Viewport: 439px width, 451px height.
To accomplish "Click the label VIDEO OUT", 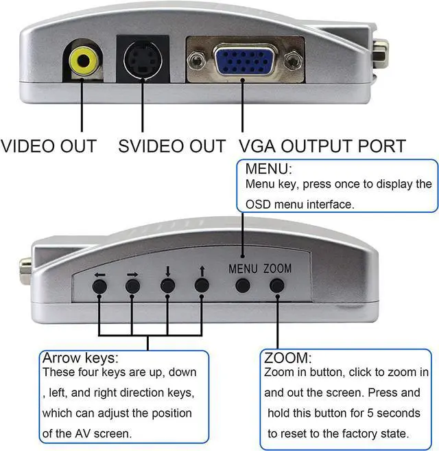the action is pyautogui.click(x=49, y=146).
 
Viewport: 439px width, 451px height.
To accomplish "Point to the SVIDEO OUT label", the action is pyautogui.click(x=171, y=146).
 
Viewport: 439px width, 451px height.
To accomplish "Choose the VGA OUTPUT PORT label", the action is pyautogui.click(x=322, y=146).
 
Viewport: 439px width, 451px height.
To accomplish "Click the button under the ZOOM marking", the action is pyautogui.click(x=278, y=286).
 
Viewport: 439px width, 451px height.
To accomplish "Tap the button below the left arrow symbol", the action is pyautogui.click(x=101, y=286).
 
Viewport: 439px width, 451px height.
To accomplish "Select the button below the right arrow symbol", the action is pyautogui.click(x=132, y=286).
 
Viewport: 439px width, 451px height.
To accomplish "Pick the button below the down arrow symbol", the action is pyautogui.click(x=167, y=286).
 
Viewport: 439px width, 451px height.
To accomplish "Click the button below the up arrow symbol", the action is pyautogui.click(x=201, y=286).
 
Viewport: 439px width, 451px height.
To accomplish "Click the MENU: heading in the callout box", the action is pyautogui.click(x=269, y=169).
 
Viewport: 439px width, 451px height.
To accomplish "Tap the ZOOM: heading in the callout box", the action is pyautogui.click(x=288, y=358).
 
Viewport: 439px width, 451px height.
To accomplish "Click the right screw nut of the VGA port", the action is pyautogui.click(x=295, y=62).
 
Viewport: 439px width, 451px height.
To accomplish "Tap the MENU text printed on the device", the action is pyautogui.click(x=243, y=268).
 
